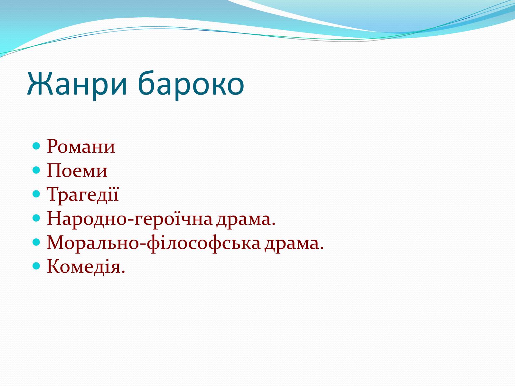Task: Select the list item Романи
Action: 81,146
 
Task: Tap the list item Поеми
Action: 77,170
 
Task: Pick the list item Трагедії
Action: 83,195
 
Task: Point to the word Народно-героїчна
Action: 129,219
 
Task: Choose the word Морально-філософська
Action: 154,243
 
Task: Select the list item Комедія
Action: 86,266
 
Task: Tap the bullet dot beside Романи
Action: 36,146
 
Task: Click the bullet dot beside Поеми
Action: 36,170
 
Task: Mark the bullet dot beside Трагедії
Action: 36,194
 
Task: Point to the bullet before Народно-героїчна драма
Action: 36,218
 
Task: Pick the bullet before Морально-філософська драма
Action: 36,242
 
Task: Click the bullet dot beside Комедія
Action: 36,266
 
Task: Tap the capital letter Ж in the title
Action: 40,83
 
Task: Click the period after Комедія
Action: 123,271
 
